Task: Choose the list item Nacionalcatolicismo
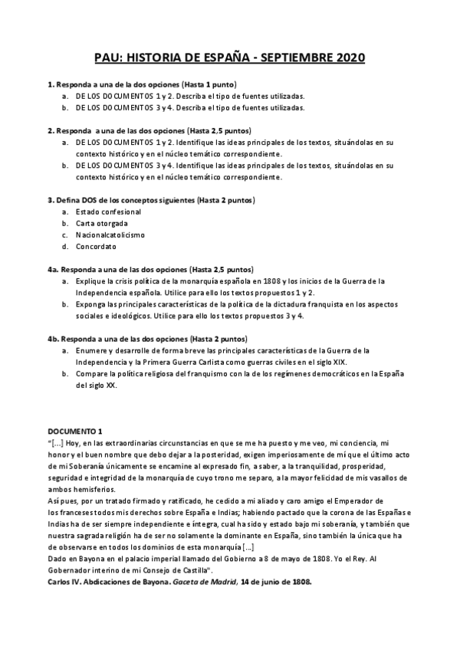click(x=110, y=235)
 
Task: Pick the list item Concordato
click(x=96, y=246)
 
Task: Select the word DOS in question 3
click(x=87, y=199)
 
